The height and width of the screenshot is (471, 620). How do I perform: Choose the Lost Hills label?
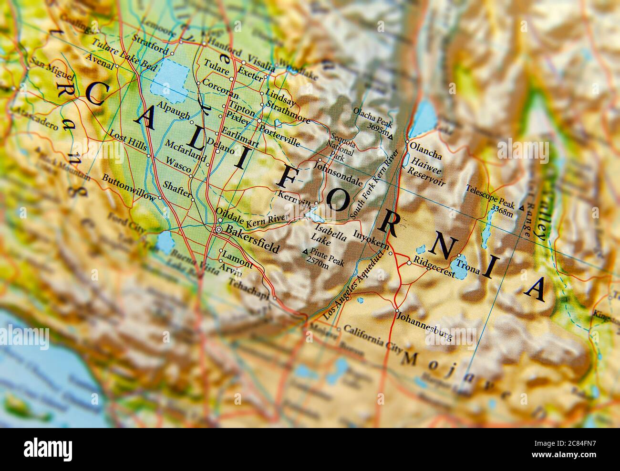(x=128, y=141)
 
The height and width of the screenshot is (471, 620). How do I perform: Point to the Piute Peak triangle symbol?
(x=305, y=252)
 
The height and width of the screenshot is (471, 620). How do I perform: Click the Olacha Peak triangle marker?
(x=390, y=137)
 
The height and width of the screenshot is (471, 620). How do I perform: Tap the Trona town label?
(x=468, y=265)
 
